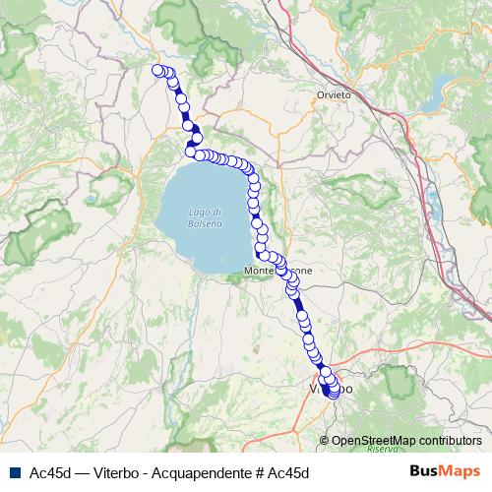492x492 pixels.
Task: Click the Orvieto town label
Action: click(331, 94)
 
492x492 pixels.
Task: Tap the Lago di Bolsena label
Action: click(205, 217)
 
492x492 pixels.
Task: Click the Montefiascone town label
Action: click(278, 269)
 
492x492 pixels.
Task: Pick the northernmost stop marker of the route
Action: click(156, 69)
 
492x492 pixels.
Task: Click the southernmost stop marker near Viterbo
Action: click(335, 395)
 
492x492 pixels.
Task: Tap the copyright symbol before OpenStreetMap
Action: click(325, 442)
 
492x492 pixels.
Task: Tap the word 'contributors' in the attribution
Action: click(449, 442)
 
